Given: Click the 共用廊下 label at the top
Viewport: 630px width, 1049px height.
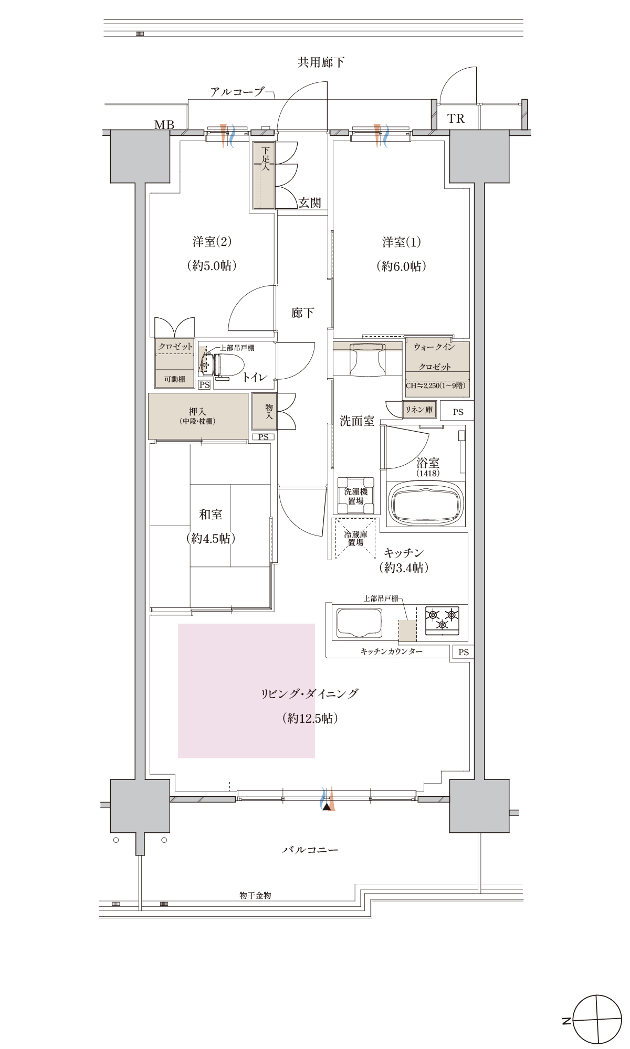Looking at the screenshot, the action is (321, 62).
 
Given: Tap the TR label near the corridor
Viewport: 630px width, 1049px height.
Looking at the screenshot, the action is (456, 119).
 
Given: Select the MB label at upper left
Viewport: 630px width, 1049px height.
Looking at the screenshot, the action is (164, 125).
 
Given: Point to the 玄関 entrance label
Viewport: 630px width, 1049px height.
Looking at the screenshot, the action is (310, 203).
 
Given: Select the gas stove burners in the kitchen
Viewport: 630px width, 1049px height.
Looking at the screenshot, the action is (442, 618).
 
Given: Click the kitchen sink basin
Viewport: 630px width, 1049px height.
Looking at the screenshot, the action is (359, 623).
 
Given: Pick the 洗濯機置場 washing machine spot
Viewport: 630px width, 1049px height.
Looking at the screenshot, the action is (356, 496).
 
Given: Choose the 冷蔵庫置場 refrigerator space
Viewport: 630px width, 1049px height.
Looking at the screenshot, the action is (356, 538).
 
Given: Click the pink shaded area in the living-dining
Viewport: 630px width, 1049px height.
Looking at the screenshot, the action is (246, 691).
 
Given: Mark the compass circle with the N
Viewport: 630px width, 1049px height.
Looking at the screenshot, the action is (597, 1020).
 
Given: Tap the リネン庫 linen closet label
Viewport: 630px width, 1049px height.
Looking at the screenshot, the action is (419, 410).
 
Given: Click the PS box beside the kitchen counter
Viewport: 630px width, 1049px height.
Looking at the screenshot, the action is (463, 652).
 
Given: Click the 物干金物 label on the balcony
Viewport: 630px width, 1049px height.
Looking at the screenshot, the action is (255, 895).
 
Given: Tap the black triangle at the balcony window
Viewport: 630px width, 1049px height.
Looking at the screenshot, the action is (328, 807).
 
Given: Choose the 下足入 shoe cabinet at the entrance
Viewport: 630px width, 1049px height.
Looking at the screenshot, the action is (264, 175).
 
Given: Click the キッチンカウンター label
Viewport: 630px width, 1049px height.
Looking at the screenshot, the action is (392, 651).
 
